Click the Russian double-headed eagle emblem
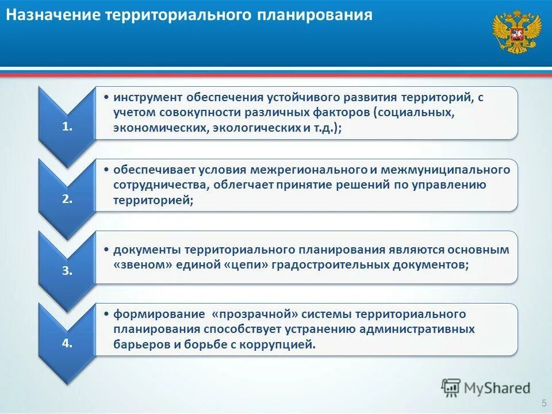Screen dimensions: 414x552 click(517, 32)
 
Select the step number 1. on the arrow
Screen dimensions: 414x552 click(67, 128)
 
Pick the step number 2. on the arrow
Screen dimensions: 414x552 click(67, 200)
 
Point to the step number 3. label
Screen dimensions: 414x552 click(67, 271)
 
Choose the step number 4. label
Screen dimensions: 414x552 click(67, 343)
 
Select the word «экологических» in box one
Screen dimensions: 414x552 click(258, 128)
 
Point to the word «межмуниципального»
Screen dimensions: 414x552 click(445, 170)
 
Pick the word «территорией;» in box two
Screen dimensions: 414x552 click(153, 200)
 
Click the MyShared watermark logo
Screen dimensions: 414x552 click(486, 388)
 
